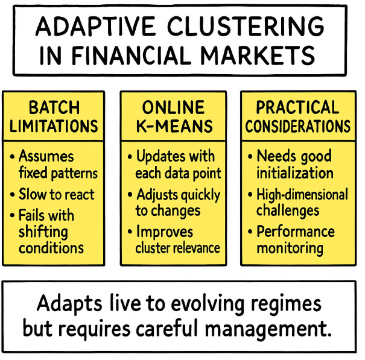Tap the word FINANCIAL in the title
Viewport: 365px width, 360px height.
[x=140, y=55]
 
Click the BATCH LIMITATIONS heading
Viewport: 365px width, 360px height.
[x=54, y=116]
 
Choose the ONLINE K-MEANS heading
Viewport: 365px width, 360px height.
[x=174, y=116]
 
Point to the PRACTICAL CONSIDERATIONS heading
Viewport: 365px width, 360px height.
[x=298, y=116]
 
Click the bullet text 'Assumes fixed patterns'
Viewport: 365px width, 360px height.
[x=58, y=165]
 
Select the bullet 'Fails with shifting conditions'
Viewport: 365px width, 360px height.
[x=52, y=232]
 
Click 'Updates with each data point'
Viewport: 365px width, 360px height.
[x=175, y=165]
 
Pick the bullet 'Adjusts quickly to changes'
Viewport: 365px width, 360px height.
[x=175, y=203]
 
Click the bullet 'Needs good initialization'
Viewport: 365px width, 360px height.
[x=295, y=165]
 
